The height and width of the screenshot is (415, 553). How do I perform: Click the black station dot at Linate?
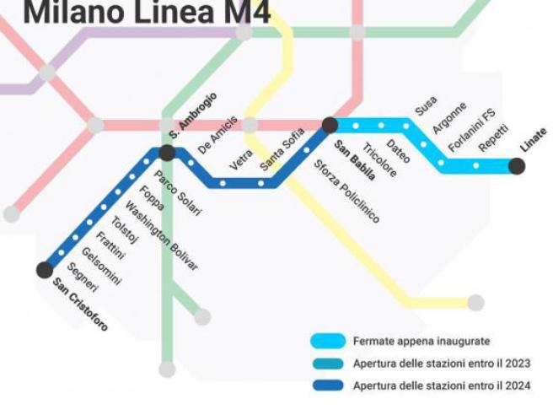[517, 166]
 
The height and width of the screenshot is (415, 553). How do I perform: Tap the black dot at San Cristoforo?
[45, 270]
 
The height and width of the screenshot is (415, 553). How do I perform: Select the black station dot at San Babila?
[330, 126]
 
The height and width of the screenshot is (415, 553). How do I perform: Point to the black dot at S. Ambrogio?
[167, 153]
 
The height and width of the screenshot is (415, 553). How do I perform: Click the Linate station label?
[533, 139]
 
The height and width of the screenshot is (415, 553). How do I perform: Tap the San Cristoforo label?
[81, 305]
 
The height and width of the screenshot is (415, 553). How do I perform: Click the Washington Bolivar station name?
[162, 237]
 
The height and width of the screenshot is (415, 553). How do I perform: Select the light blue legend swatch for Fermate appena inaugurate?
[327, 342]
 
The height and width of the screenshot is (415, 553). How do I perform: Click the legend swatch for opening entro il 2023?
[327, 364]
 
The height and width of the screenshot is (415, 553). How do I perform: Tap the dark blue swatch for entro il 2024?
[327, 385]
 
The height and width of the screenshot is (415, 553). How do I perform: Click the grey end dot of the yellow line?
[476, 303]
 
